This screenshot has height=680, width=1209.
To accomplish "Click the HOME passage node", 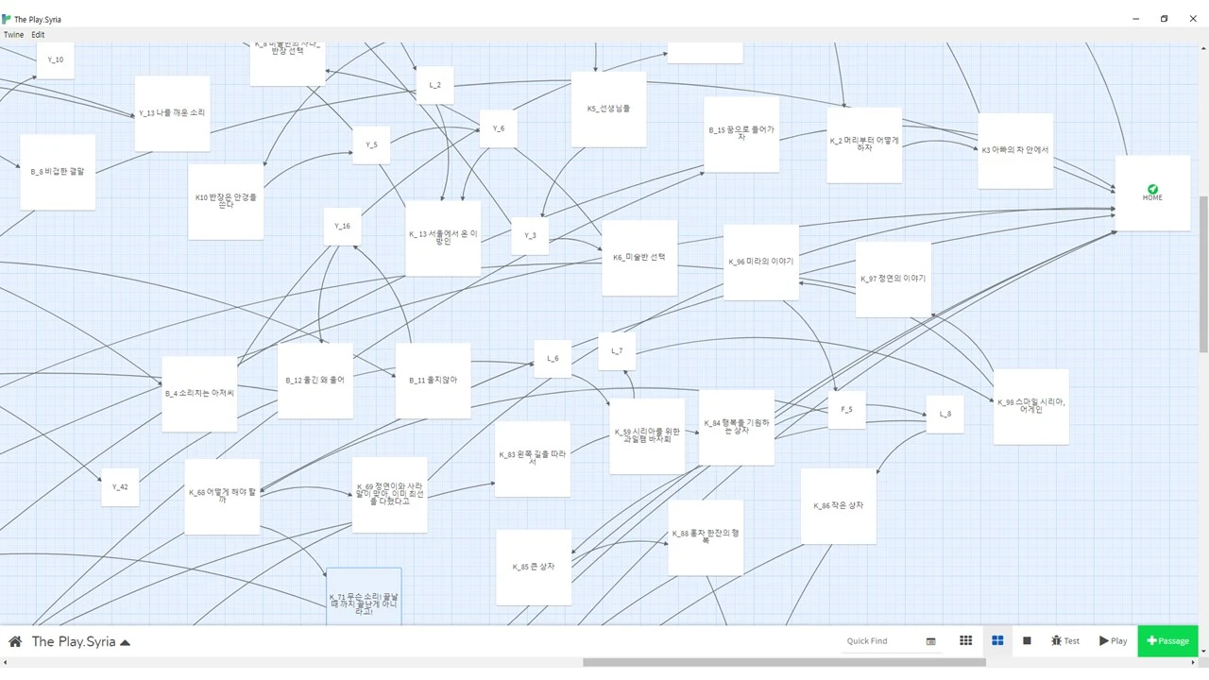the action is (x=1152, y=193).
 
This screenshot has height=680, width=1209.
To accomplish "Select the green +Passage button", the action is (x=1167, y=641).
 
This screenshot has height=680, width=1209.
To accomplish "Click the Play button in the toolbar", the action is (x=1113, y=641).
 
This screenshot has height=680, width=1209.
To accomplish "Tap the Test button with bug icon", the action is (x=1064, y=641).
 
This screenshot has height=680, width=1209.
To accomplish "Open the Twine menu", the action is (x=13, y=35).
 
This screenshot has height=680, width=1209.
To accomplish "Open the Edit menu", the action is (x=38, y=35).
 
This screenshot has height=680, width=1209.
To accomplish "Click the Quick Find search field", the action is (x=878, y=641).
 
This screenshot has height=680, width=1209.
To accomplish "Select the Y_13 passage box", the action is (x=172, y=113).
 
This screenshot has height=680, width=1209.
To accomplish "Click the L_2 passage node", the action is (x=434, y=85).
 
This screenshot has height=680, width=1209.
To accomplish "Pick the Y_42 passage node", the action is (x=120, y=487).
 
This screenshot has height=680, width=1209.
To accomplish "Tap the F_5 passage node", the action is (x=846, y=410).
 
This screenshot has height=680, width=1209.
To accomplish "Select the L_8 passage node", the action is (x=945, y=415).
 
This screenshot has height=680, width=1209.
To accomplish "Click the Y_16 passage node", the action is (x=342, y=227).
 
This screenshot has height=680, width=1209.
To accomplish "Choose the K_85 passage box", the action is (x=534, y=567).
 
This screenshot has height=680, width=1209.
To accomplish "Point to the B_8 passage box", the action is (x=58, y=172).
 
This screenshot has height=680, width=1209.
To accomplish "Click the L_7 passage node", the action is (x=617, y=351).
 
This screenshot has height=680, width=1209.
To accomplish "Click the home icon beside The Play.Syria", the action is (x=15, y=642).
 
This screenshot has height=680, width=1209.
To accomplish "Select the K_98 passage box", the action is (x=1030, y=406).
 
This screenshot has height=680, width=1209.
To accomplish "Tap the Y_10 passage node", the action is (x=55, y=60).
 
